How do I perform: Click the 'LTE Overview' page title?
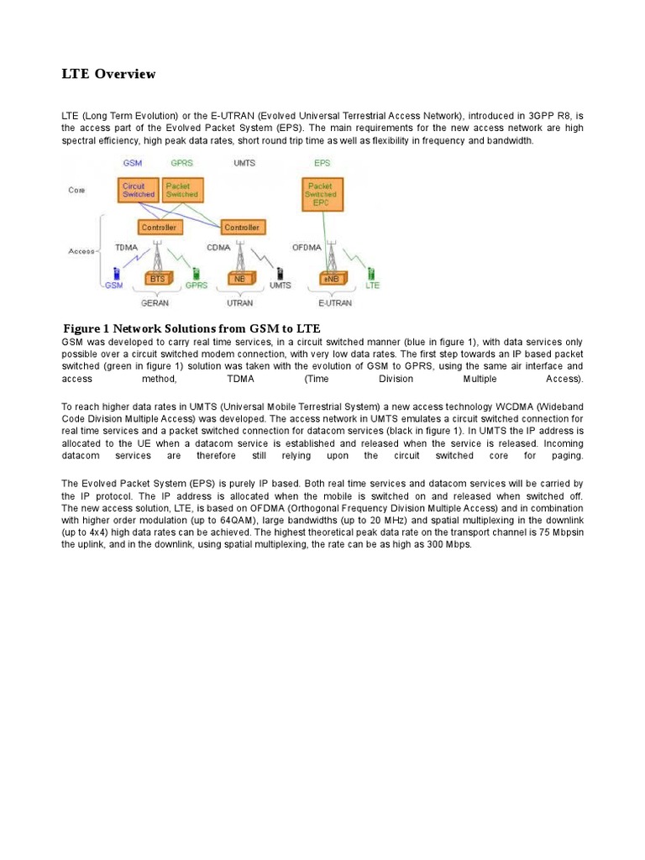(x=108, y=74)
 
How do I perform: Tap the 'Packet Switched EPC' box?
(x=321, y=194)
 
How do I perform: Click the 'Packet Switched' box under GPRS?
(x=181, y=190)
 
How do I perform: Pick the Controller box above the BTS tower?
(x=158, y=227)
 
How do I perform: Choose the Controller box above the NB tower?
(x=241, y=227)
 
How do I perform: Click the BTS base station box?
(x=157, y=278)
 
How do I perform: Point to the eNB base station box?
(x=329, y=278)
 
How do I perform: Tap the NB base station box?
(x=240, y=278)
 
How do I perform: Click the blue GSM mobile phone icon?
(x=117, y=273)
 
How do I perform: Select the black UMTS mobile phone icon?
(x=280, y=273)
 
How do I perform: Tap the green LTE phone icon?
(x=370, y=273)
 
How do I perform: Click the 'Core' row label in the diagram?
(x=76, y=190)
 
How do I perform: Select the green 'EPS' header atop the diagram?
(x=322, y=163)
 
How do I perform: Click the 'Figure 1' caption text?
(x=192, y=328)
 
